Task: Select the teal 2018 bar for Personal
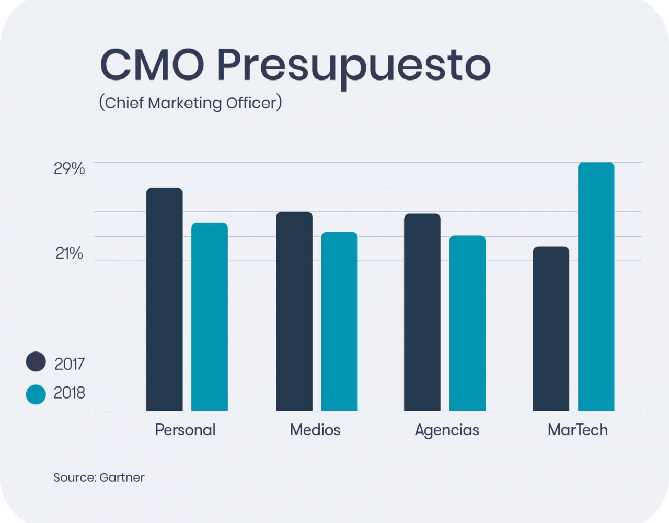tap(210, 317)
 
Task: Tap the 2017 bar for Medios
tap(294, 311)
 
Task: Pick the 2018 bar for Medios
tap(339, 321)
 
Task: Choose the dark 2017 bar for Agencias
tap(422, 312)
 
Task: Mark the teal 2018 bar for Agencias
tap(467, 323)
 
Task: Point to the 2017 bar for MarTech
tap(551, 328)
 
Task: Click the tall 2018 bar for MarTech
tap(596, 287)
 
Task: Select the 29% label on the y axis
tap(70, 169)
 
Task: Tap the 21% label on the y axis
tap(70, 254)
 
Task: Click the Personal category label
tap(185, 430)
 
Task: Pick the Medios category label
tap(315, 430)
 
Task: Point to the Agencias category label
tap(447, 430)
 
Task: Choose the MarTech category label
tap(578, 430)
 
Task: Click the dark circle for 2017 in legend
tap(36, 362)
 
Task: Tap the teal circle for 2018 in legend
tap(36, 394)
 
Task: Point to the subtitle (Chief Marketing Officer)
tap(190, 103)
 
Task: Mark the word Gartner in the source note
tap(122, 477)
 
